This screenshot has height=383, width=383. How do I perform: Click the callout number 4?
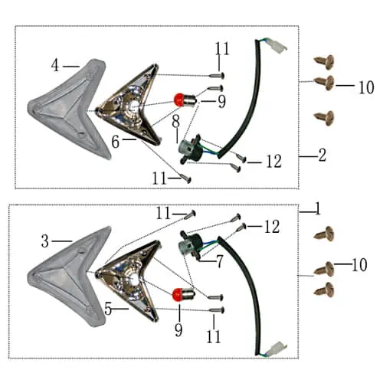[x=55, y=65]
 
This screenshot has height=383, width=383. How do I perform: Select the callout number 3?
[x=45, y=241]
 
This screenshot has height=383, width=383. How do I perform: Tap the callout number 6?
[x=116, y=142]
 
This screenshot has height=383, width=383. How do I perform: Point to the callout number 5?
[x=108, y=309]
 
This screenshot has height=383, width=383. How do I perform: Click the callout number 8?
[x=176, y=122]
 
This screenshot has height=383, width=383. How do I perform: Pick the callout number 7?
[x=220, y=261]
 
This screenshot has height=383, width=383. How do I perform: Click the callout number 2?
[x=322, y=155]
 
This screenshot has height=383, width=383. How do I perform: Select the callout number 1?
[x=317, y=208]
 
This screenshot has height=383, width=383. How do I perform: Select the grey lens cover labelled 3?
[x=70, y=277]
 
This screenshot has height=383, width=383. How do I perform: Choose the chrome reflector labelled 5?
[x=129, y=281]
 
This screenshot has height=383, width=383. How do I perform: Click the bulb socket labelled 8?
[x=191, y=149]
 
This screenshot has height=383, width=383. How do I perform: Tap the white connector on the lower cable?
[x=277, y=349]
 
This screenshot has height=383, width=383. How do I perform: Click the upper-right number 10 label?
[x=366, y=87]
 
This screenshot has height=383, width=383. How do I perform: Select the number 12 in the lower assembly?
[x=272, y=227]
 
